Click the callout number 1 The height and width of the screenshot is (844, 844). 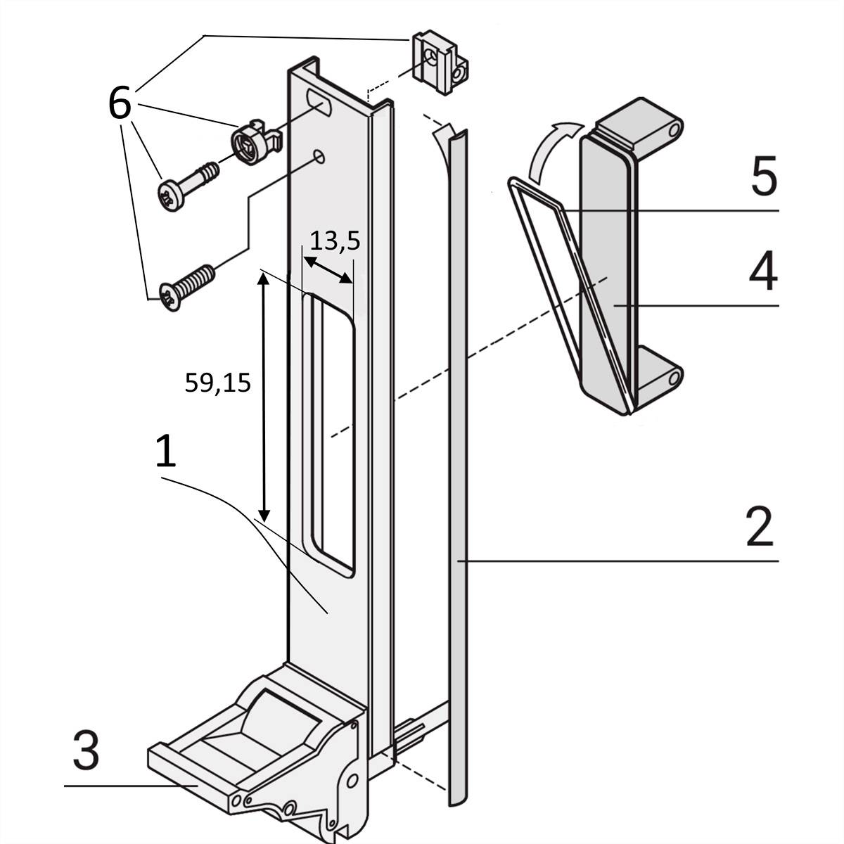[x=165, y=452]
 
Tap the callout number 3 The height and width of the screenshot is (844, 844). [x=87, y=751]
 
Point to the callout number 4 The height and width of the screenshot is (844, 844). [x=762, y=272]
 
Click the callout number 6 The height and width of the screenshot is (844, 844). [x=120, y=103]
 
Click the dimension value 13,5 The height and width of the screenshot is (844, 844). [x=335, y=241]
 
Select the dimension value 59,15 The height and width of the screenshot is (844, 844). [x=217, y=383]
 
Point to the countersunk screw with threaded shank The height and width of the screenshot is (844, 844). [x=186, y=286]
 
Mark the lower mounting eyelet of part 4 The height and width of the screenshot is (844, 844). [x=674, y=378]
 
